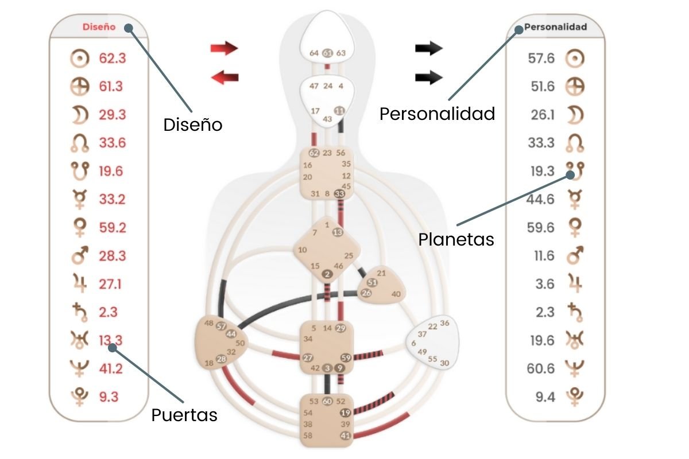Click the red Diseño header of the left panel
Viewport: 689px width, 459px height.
(x=99, y=26)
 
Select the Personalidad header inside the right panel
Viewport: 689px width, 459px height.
(x=555, y=26)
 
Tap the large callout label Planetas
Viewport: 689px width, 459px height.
(x=456, y=239)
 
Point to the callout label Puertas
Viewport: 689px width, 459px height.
(x=184, y=415)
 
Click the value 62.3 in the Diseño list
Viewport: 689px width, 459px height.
(x=112, y=58)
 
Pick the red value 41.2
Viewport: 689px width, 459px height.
(x=111, y=368)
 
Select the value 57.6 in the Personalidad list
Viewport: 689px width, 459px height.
(x=541, y=58)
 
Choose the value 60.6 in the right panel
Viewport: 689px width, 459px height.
(x=541, y=368)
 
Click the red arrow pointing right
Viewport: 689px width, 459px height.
(x=224, y=48)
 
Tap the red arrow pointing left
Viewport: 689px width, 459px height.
(x=224, y=77)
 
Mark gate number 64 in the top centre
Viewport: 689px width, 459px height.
(x=314, y=53)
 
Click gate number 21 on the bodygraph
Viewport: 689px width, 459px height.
(x=381, y=273)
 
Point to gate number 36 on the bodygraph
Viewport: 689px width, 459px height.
(x=444, y=322)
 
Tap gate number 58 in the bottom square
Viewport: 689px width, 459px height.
(x=308, y=435)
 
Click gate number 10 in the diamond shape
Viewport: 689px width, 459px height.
(x=303, y=250)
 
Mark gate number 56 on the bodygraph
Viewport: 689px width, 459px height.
(x=341, y=153)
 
